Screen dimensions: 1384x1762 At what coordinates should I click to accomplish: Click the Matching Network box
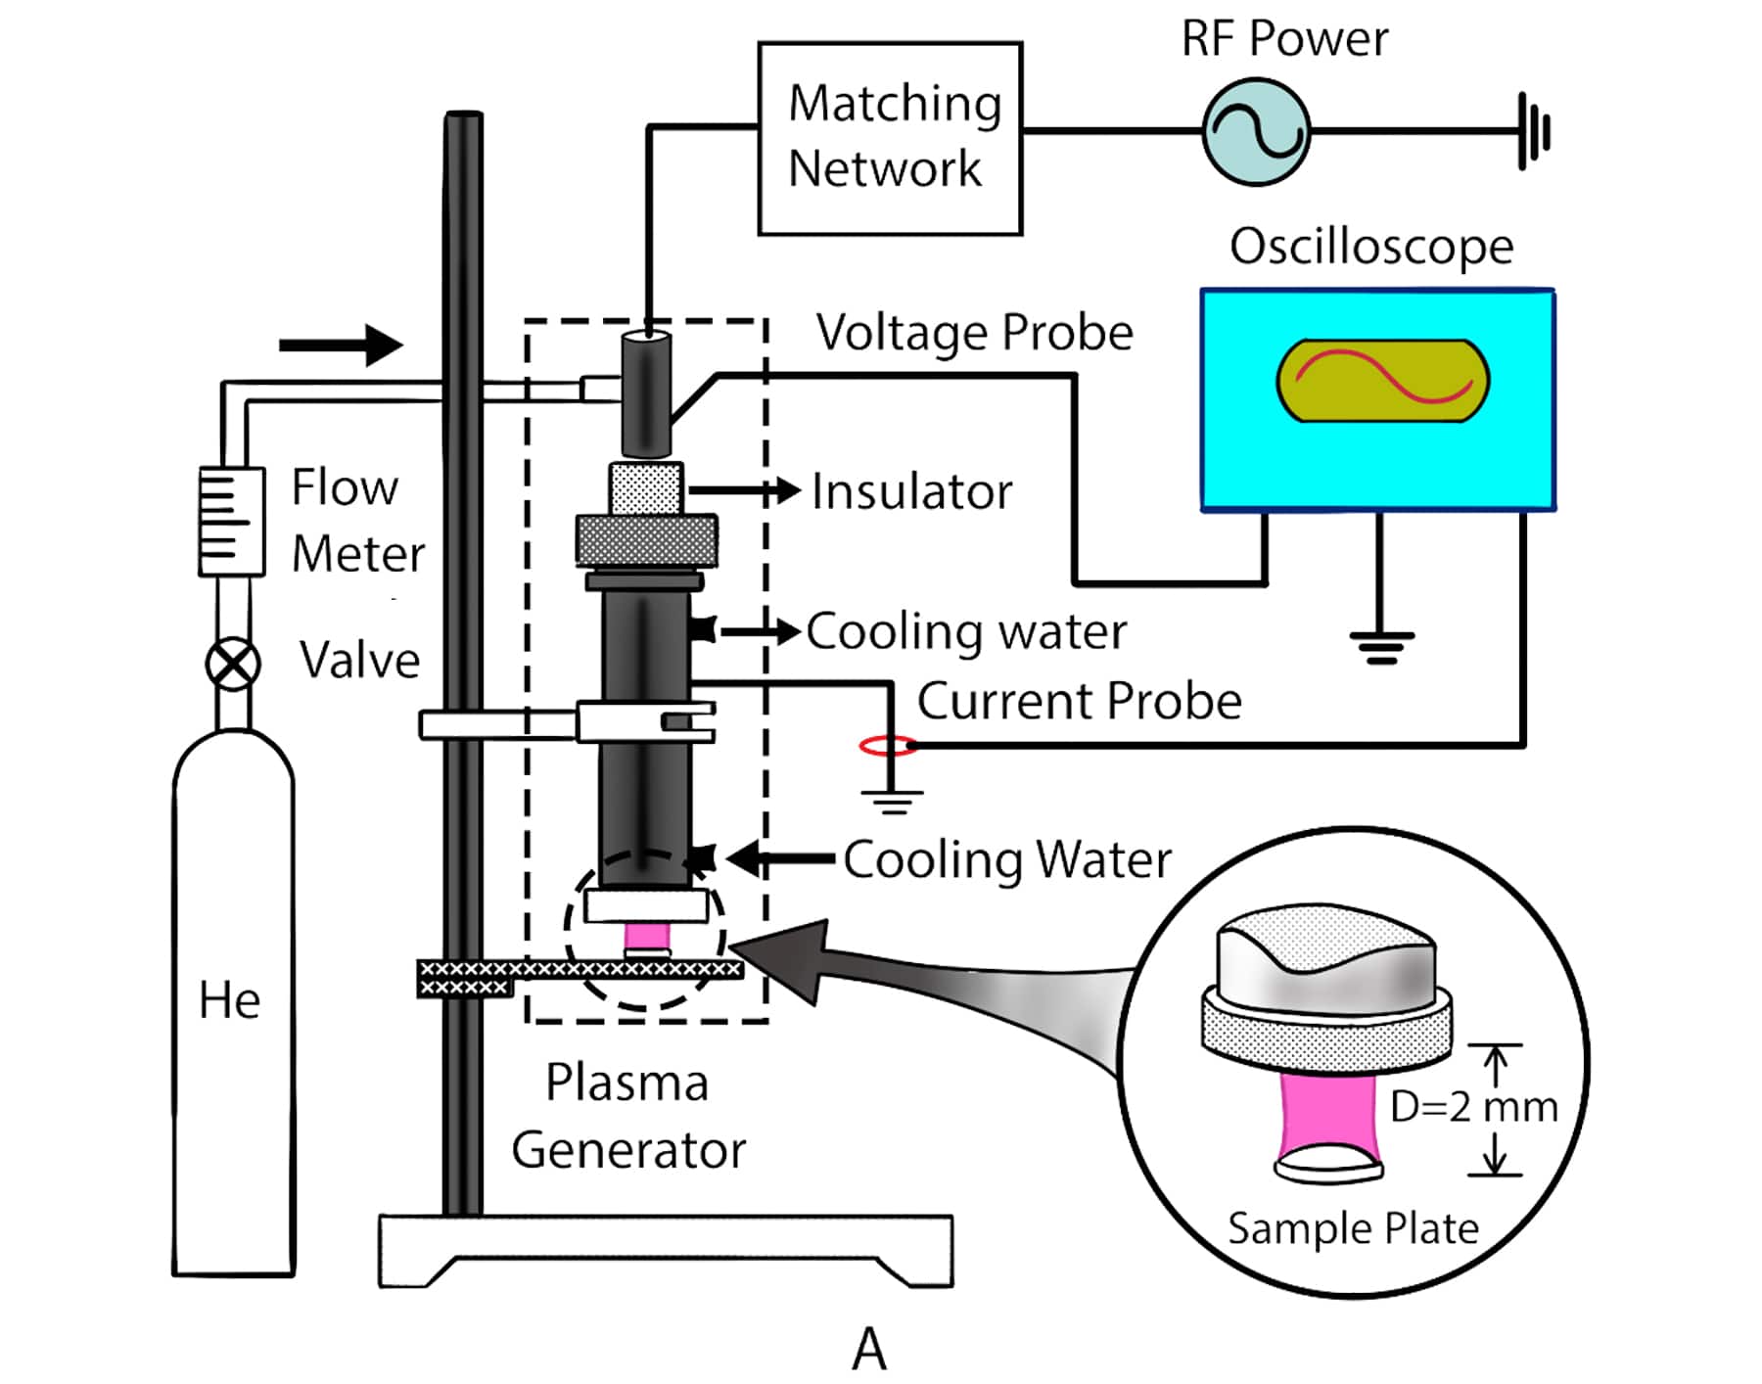(x=890, y=138)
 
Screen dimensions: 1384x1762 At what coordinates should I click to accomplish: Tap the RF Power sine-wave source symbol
(x=1256, y=131)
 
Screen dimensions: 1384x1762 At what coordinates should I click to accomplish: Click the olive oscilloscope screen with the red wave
(x=1382, y=381)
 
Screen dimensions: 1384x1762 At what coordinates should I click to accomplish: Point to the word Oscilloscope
(x=1370, y=246)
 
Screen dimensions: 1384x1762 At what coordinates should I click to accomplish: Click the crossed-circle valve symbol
(x=233, y=665)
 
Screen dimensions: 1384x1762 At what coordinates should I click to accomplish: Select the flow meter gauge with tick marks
(x=231, y=521)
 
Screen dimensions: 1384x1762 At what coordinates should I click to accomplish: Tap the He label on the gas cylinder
(x=229, y=1000)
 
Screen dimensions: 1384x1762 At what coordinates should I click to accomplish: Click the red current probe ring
(x=888, y=747)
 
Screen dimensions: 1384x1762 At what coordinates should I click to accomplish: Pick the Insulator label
(x=911, y=491)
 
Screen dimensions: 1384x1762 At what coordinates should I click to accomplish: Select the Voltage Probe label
(x=974, y=333)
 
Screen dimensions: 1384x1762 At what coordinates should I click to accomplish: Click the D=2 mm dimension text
(x=1473, y=1107)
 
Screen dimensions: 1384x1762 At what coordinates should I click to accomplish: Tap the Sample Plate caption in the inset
(x=1353, y=1228)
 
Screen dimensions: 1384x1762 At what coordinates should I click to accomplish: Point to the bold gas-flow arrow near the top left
(x=341, y=345)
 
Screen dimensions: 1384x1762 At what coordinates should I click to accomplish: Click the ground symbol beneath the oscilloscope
(x=1381, y=647)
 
